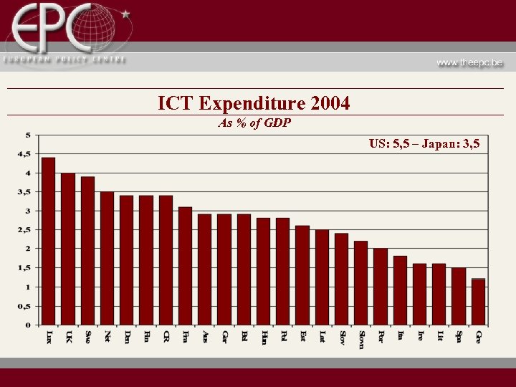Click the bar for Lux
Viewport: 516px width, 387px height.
click(x=49, y=241)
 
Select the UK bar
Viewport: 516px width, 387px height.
click(x=68, y=249)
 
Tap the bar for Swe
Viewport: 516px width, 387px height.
click(x=87, y=251)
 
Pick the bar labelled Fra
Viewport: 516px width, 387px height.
click(x=185, y=266)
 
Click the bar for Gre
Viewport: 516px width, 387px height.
click(x=478, y=302)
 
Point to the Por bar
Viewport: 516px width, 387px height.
click(x=381, y=287)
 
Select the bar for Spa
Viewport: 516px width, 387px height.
click(x=459, y=296)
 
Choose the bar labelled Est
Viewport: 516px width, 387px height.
click(x=302, y=275)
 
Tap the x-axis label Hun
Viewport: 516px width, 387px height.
click(x=264, y=338)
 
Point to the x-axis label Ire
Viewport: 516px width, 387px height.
click(x=420, y=336)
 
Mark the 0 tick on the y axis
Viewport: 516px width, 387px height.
click(x=28, y=325)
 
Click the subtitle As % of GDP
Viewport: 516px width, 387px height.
click(x=254, y=123)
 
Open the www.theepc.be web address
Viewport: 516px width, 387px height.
click(x=470, y=62)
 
